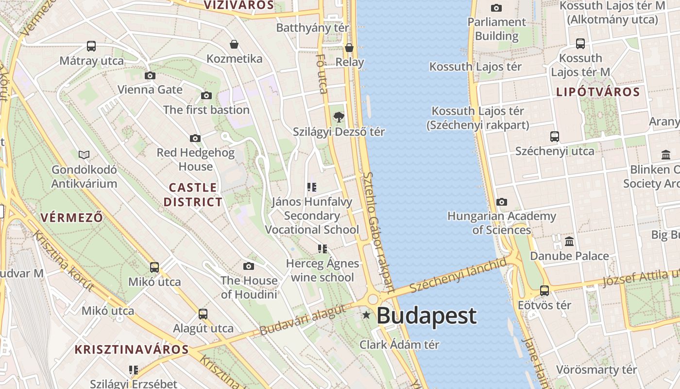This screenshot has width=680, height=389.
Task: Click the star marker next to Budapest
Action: pos(366,316)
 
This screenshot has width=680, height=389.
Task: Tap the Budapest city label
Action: pos(426,316)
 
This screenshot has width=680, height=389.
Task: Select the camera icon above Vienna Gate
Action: pos(150,75)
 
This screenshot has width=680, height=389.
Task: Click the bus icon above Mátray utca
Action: pos(91,46)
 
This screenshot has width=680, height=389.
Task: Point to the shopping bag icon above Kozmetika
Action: pos(234,45)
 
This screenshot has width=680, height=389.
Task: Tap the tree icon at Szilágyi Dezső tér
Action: pos(339,117)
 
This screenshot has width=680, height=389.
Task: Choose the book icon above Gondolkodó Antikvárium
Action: pos(84,155)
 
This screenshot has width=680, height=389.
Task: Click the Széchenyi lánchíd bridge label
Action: pos(458,276)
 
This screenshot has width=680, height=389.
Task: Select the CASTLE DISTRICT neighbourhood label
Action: pos(193,194)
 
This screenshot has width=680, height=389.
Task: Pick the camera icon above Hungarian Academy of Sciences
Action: pos(502,202)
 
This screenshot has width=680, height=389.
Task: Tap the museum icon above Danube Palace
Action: pos(569,241)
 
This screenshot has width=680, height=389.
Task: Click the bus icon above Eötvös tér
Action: pos(544,291)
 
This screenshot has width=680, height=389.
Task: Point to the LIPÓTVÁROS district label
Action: pos(598,92)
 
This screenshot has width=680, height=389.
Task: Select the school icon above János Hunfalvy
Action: pos(312,187)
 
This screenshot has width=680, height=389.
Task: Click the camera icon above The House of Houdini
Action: pos(249,266)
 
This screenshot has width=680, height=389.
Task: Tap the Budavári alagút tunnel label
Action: pos(303,320)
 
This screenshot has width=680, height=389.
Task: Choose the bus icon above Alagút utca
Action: pos(203,314)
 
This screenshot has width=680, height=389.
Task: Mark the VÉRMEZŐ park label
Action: pos(72,217)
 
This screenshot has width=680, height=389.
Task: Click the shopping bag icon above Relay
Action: pos(349,48)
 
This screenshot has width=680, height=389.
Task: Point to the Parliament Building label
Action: pos(496,29)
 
